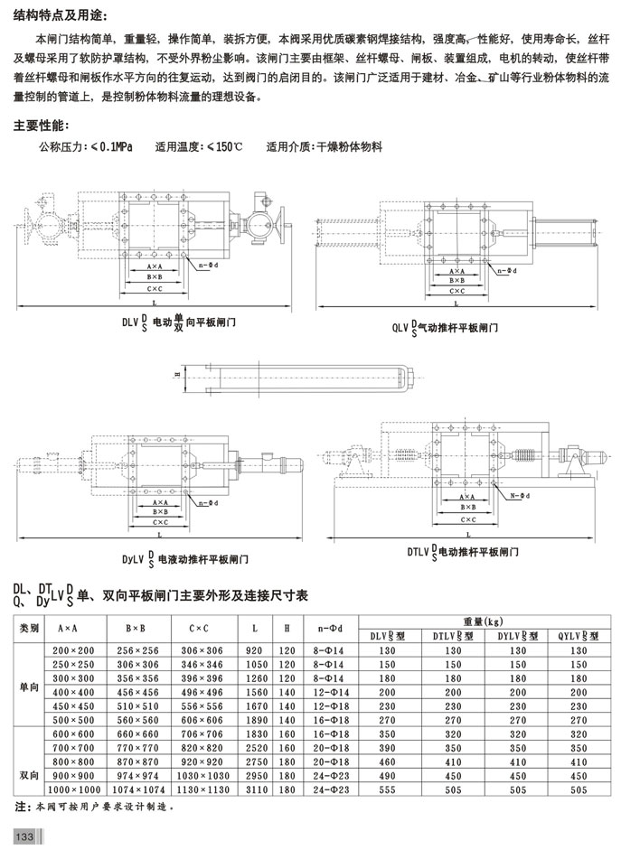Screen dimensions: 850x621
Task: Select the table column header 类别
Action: (31, 629)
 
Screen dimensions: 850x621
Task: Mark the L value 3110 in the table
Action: (255, 789)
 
